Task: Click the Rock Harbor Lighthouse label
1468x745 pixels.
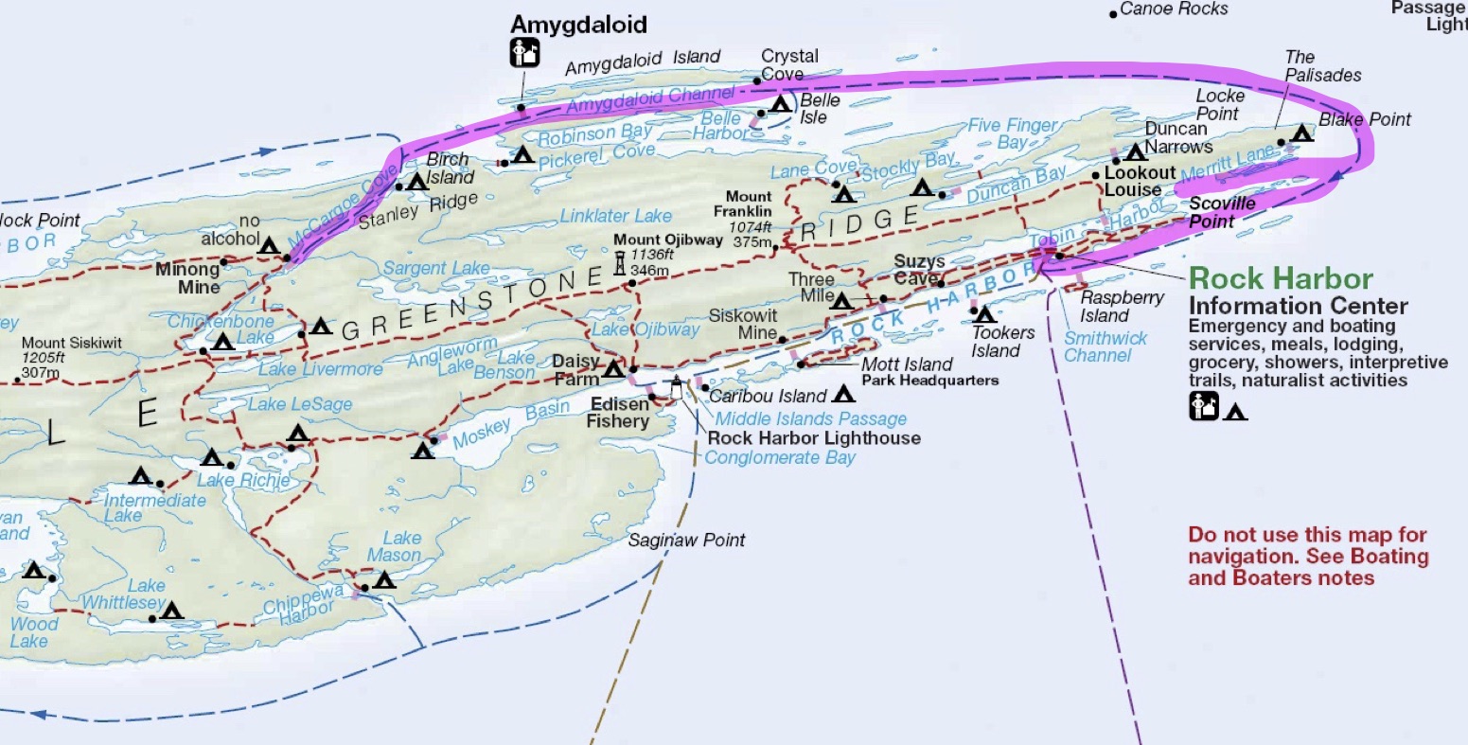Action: click(813, 437)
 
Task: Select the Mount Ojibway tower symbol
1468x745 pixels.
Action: click(620, 263)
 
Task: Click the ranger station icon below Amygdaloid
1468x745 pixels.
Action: click(523, 53)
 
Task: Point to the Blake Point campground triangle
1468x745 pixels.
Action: click(1301, 134)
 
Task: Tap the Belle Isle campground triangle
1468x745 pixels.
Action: click(780, 103)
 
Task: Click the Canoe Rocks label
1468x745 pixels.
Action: click(1174, 9)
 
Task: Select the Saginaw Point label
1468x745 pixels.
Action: click(686, 541)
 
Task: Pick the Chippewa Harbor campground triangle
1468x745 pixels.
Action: click(383, 579)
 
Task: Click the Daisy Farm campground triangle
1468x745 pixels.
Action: click(612, 368)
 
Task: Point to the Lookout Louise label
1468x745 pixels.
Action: click(1139, 181)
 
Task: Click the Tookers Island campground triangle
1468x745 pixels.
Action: click(983, 313)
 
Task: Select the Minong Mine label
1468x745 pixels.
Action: click(188, 277)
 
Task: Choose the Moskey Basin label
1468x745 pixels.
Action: click(511, 424)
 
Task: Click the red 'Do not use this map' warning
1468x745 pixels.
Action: click(1307, 556)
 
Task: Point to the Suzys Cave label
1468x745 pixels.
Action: click(919, 269)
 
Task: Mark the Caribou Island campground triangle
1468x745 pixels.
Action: click(843, 394)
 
